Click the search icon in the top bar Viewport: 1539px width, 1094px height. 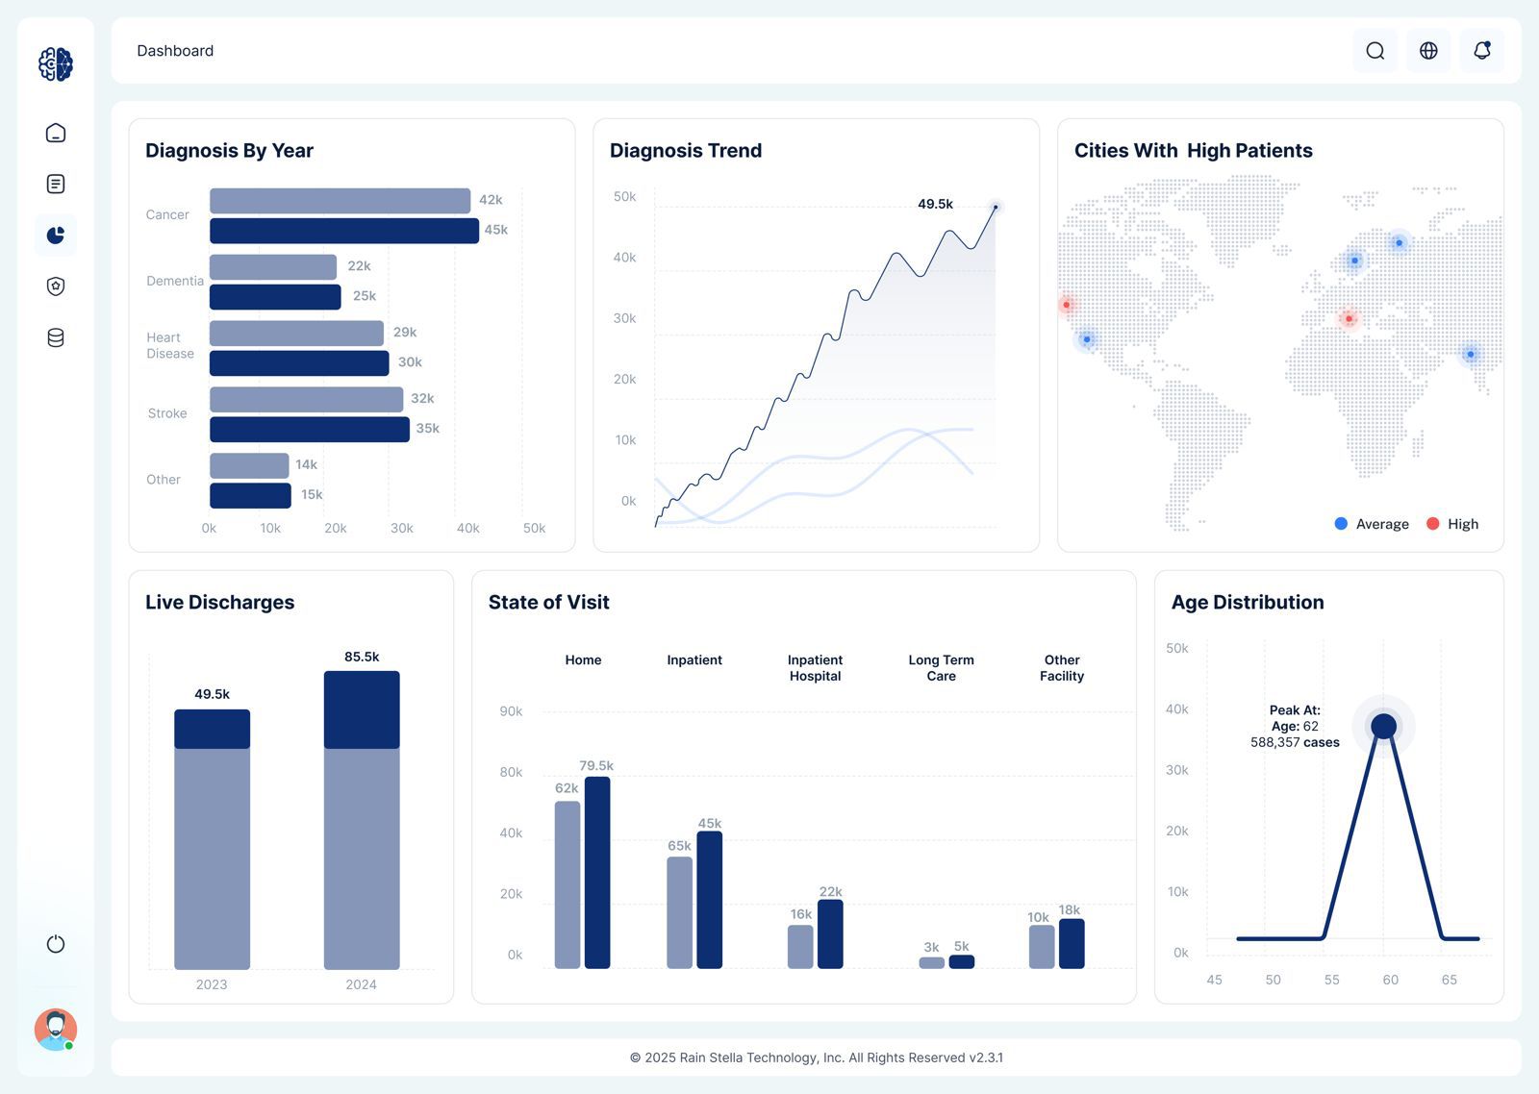1375,51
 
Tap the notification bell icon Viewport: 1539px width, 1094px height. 1482,51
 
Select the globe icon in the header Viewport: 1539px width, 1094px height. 1428,51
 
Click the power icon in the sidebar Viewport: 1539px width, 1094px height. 56,944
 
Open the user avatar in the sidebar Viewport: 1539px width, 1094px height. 56,1030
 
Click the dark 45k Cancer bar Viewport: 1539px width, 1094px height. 343,231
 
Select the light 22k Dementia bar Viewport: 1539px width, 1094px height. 273,267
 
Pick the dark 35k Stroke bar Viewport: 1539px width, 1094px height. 309,430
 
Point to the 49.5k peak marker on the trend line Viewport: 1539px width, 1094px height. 996,207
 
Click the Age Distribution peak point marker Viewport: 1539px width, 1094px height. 1383,726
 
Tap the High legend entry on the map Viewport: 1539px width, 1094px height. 1452,524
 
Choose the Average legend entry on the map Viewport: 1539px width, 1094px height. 1372,524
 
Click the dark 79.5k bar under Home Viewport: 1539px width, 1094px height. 597,872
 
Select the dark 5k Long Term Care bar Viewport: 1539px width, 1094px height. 962,961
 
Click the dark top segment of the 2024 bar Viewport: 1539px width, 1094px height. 362,709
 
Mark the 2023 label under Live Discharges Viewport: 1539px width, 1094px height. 212,984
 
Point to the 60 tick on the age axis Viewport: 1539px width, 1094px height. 1390,980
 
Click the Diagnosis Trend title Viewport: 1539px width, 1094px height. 686,151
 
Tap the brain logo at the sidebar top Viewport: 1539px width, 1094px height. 56,64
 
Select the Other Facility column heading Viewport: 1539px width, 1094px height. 1062,668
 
